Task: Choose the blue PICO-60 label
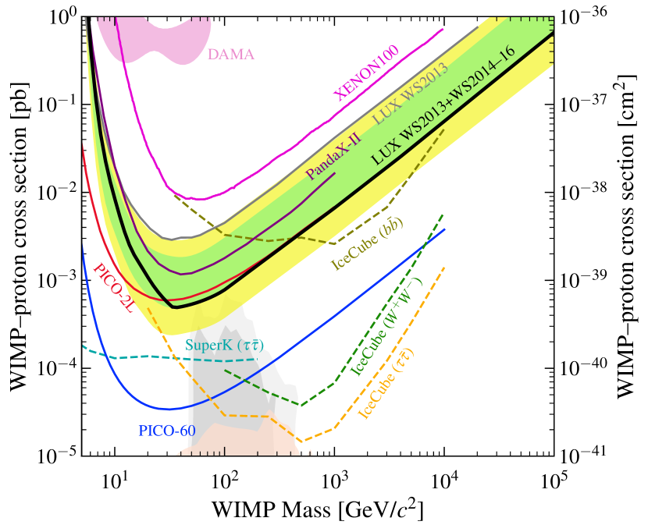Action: pos(166,430)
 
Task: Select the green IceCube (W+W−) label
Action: pos(386,327)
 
